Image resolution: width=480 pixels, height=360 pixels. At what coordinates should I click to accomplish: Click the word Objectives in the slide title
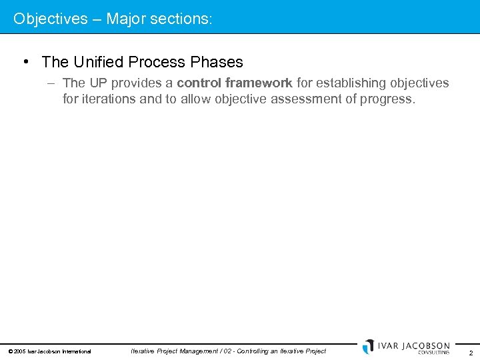coord(50,19)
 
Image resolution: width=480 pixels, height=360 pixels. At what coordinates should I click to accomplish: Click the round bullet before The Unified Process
coord(25,62)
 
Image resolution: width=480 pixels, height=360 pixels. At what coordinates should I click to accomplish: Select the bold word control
coord(199,83)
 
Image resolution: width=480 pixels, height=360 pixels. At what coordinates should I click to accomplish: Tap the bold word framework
coord(259,83)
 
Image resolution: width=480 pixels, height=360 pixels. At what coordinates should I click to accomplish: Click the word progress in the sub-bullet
coord(390,100)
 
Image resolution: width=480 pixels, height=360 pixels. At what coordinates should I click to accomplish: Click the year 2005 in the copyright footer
coord(19,351)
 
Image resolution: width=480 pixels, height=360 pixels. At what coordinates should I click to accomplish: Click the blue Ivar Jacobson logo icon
coord(368,347)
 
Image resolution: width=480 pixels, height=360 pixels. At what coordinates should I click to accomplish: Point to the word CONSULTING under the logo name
coord(433,353)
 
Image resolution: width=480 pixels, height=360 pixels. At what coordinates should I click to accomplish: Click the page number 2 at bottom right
coord(471,353)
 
